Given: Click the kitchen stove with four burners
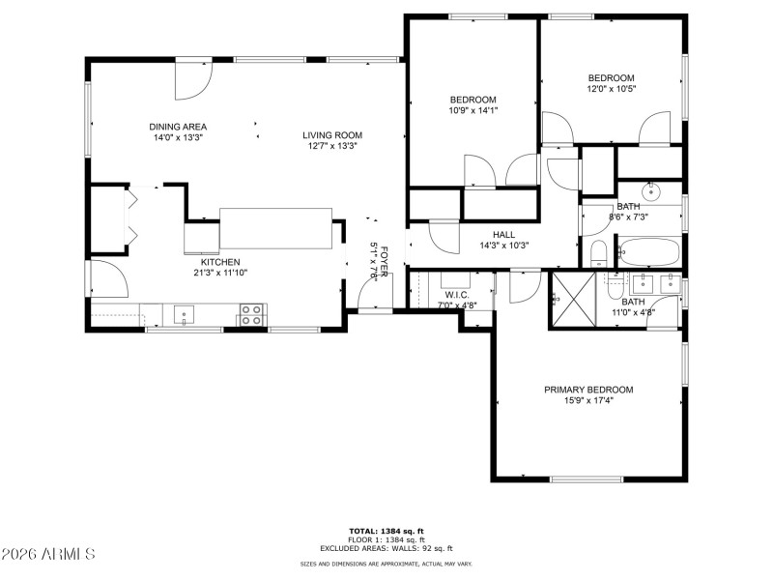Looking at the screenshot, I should pyautogui.click(x=251, y=313).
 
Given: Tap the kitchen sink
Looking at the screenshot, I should pyautogui.click(x=184, y=313).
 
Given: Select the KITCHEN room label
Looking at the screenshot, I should pyautogui.click(x=219, y=262).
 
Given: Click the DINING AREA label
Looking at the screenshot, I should pyautogui.click(x=178, y=127).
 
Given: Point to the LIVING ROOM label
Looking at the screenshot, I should pyautogui.click(x=331, y=135).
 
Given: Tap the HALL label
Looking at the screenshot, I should pyautogui.click(x=503, y=234).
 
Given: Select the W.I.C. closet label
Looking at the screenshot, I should pyautogui.click(x=457, y=295).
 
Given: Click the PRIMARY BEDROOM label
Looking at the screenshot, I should pyautogui.click(x=588, y=390).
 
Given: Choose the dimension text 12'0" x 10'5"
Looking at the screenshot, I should pyautogui.click(x=612, y=89).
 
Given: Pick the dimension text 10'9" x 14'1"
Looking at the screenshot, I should pyautogui.click(x=472, y=110).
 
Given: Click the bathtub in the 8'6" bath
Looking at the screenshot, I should pyautogui.click(x=648, y=251).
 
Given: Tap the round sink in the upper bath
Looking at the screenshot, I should pyautogui.click(x=651, y=189).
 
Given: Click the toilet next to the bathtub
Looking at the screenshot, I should pyautogui.click(x=598, y=254).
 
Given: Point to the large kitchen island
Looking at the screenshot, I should pyautogui.click(x=276, y=228).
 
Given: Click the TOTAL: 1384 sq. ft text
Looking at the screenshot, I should pyautogui.click(x=386, y=531).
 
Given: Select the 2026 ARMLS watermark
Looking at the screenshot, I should pyautogui.click(x=48, y=554).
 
